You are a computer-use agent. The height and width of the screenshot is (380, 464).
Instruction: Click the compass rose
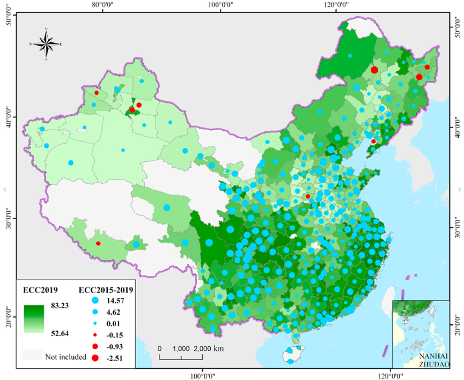point(46,43)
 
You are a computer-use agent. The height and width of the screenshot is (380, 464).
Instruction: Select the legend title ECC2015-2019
point(106,290)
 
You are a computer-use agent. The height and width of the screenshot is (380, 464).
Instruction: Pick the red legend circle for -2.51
point(95,357)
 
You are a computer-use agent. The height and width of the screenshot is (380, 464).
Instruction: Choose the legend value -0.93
point(117,346)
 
